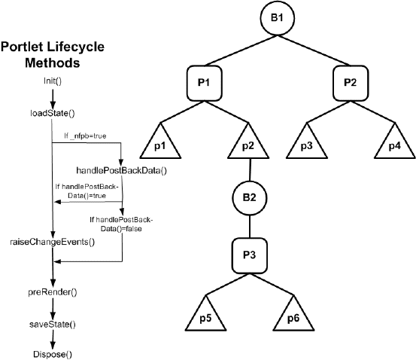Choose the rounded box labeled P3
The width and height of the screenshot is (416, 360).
tap(249, 254)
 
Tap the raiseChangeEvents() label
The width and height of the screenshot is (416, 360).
tap(52, 242)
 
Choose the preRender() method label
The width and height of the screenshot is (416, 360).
tap(50, 290)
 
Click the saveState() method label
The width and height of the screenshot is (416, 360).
tap(50, 322)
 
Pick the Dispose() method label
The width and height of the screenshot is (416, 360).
tap(50, 353)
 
